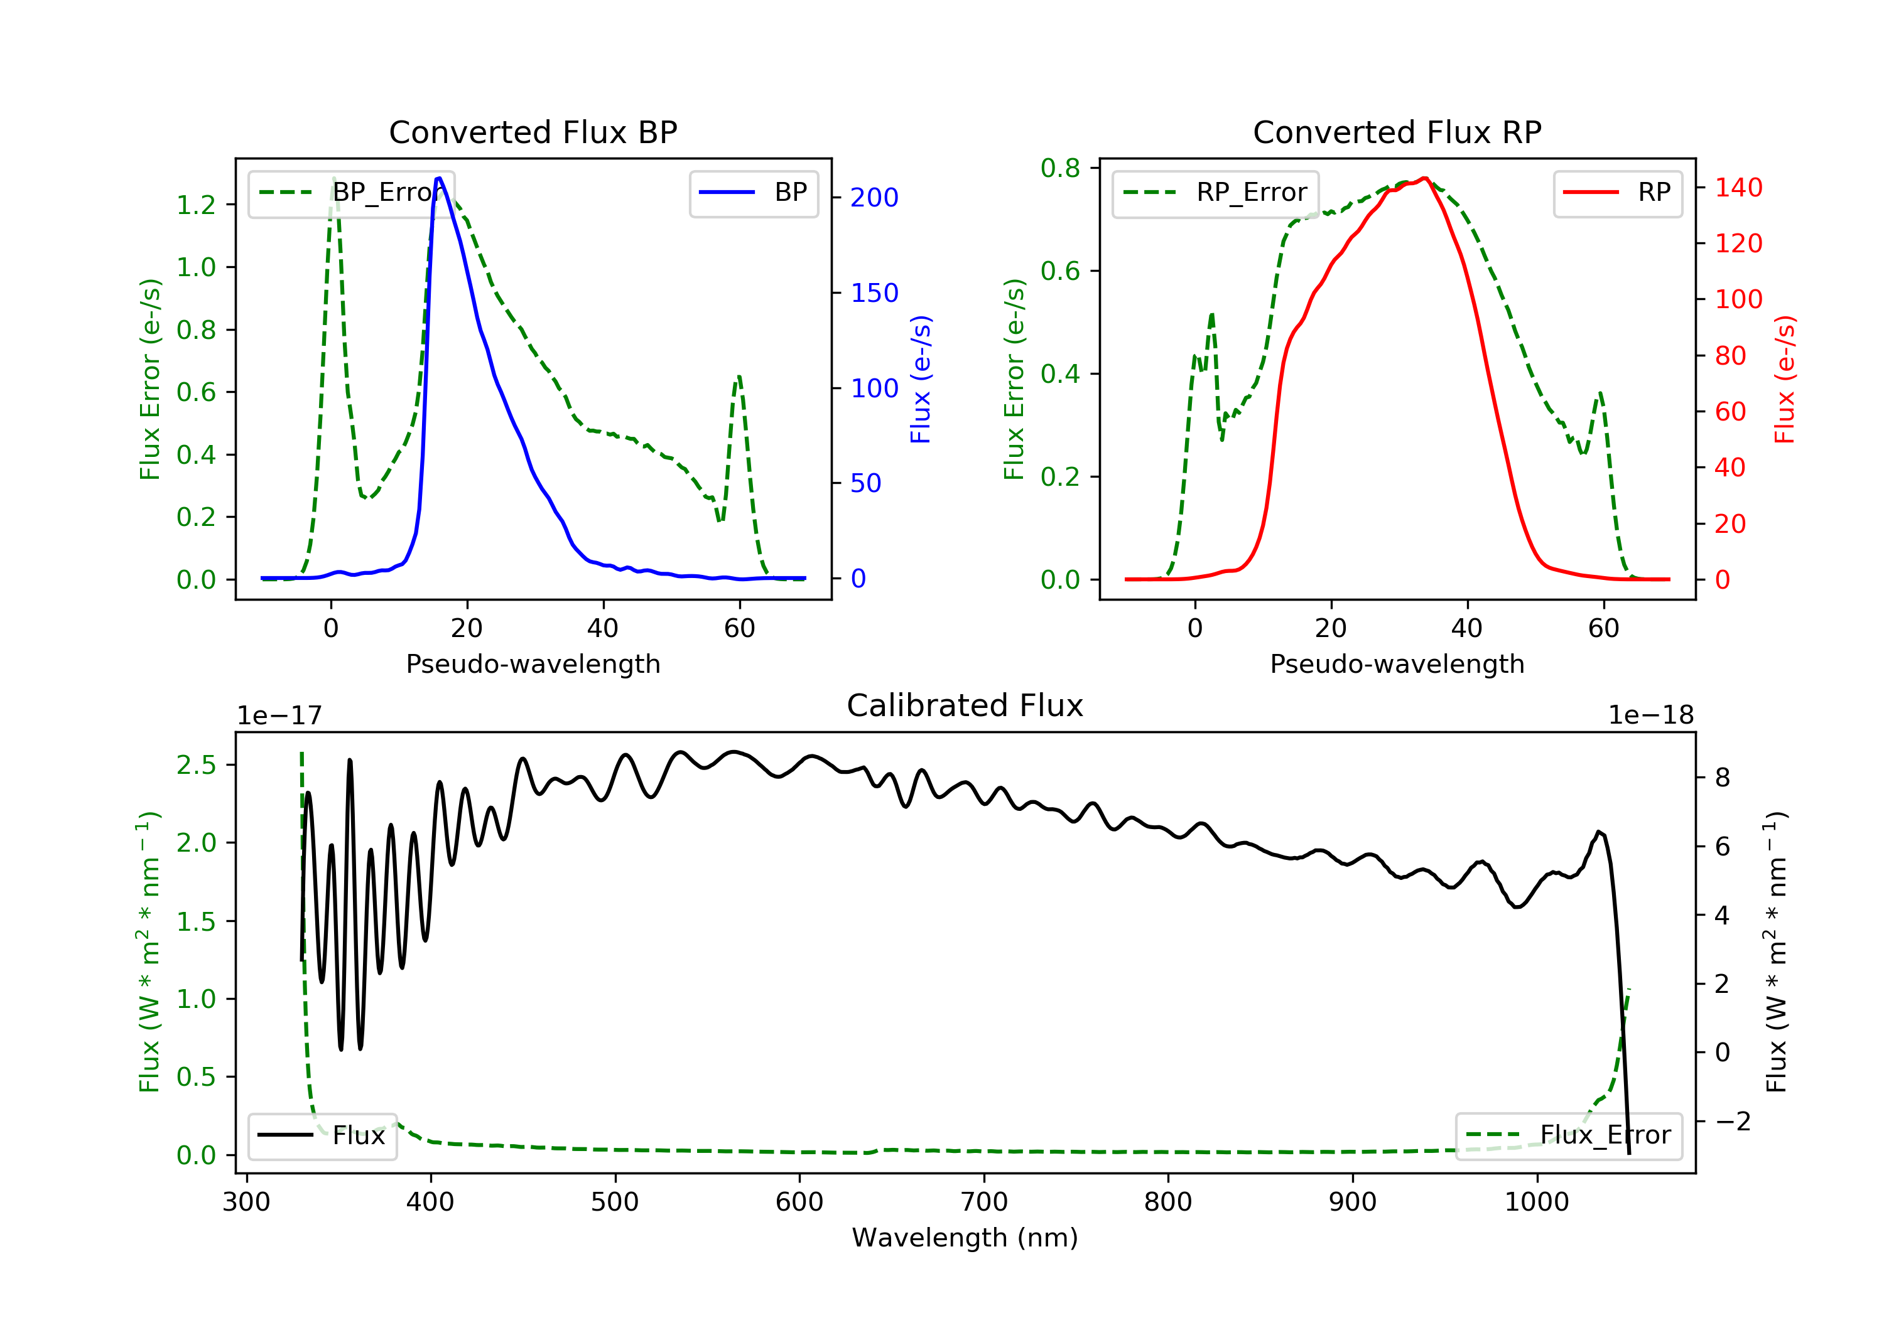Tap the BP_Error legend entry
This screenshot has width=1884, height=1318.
pos(351,193)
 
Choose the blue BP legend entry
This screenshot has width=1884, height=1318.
pos(753,193)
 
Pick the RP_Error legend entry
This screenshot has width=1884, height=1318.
pos(1215,193)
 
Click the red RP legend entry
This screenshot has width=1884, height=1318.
pos(1617,193)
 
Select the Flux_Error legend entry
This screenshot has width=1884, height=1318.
pos(1568,1135)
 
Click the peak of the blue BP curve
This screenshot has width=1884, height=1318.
pos(439,178)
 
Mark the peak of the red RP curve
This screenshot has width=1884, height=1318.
pos(1424,179)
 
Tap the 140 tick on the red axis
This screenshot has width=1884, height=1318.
pos(1738,188)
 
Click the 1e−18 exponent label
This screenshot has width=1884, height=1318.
pos(1650,716)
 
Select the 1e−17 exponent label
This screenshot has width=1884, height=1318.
pos(280,716)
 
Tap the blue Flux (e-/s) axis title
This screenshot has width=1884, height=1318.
pos(921,379)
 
